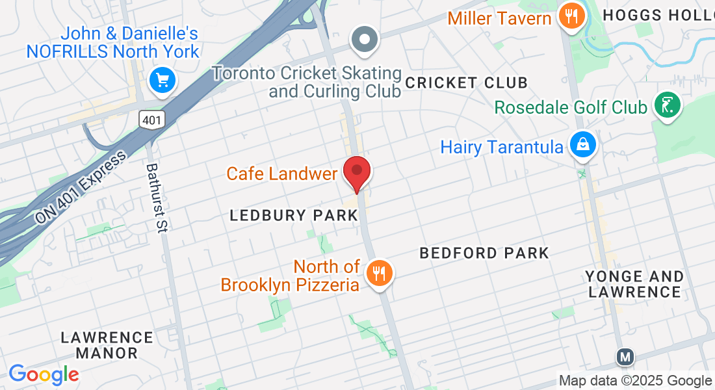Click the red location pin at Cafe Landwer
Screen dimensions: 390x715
(357, 172)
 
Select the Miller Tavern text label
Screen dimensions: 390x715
(499, 18)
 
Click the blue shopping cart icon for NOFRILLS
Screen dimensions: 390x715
(161, 81)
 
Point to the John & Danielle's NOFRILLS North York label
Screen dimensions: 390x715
(112, 42)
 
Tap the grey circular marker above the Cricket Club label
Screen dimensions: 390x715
(365, 39)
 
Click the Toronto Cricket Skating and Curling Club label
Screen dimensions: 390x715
(307, 82)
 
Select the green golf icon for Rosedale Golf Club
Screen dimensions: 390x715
(667, 105)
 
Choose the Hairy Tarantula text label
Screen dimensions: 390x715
(502, 147)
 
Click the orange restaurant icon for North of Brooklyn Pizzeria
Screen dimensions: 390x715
(378, 272)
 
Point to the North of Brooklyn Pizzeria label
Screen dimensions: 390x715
(291, 276)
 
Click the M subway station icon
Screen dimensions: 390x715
(625, 356)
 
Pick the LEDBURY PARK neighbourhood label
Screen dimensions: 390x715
(294, 216)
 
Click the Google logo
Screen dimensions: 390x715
(44, 374)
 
